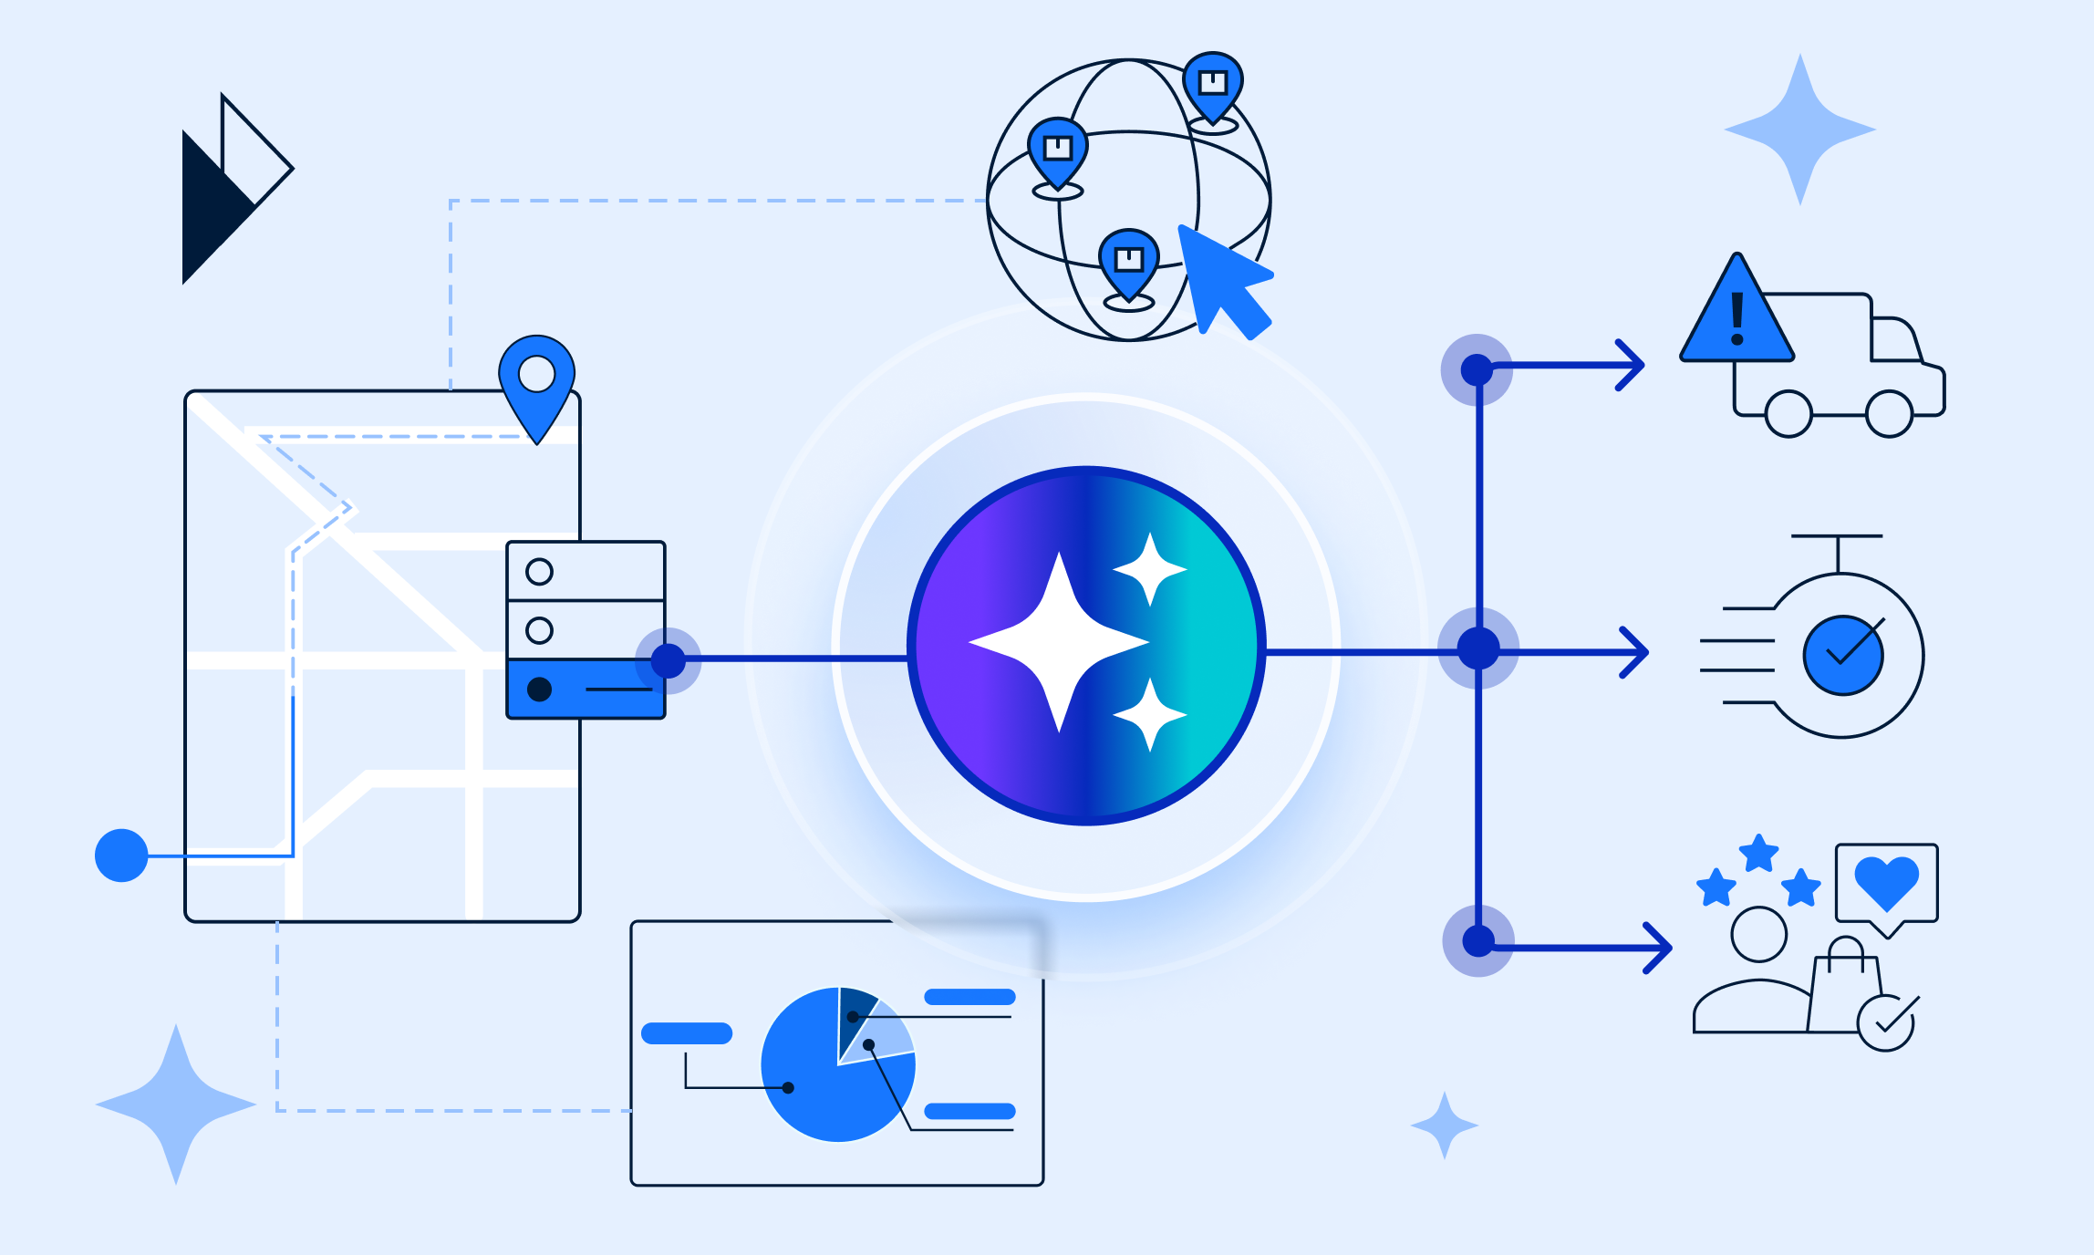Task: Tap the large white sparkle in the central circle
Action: (1059, 643)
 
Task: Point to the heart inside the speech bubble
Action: (1887, 880)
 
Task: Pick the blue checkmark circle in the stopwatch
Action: (1842, 655)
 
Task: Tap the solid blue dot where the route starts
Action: (121, 856)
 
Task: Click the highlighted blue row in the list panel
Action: (586, 689)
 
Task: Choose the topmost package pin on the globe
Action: (1213, 85)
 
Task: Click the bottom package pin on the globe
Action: (1129, 262)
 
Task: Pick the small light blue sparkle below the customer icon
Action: (1445, 1125)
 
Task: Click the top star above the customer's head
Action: (1758, 854)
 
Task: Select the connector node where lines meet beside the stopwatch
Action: (1478, 648)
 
